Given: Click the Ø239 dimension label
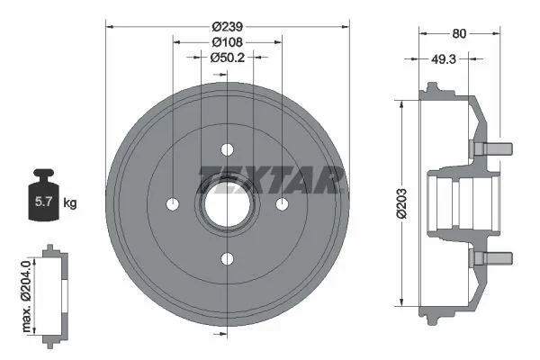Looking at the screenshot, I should (x=227, y=25).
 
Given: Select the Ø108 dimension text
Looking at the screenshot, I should (x=227, y=41).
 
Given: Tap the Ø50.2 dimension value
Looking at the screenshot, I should (x=227, y=58).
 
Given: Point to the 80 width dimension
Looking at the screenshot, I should (x=459, y=34).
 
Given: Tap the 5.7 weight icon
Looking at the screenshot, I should (x=41, y=202).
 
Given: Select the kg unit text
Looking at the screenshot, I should (x=70, y=203).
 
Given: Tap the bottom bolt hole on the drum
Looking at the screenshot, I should (x=227, y=259).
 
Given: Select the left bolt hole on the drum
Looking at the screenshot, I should (x=171, y=204).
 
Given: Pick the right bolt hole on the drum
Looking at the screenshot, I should (x=283, y=204).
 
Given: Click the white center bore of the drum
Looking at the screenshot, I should (x=227, y=204).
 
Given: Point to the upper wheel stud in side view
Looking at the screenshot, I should (x=490, y=144).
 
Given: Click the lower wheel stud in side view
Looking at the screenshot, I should (x=490, y=259).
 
